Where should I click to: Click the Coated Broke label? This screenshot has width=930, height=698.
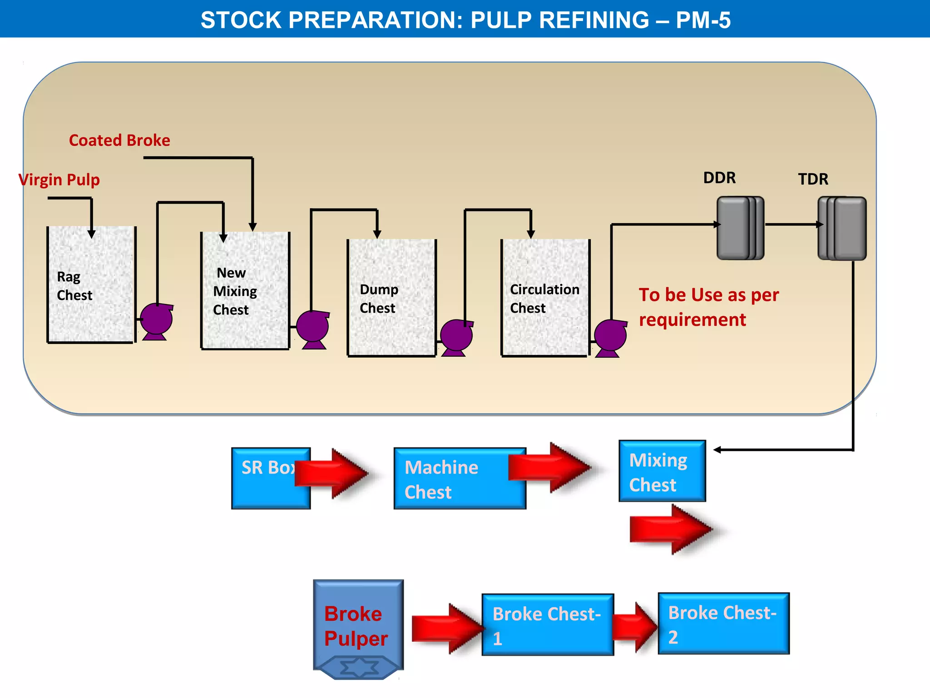coord(119,140)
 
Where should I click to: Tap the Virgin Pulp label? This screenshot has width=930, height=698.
coord(59,180)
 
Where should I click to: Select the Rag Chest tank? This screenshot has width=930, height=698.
coord(91,284)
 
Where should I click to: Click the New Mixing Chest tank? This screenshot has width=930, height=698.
coord(245,291)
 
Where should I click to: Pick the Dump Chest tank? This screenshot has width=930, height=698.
coord(391,298)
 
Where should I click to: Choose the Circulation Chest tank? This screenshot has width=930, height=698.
coord(545,298)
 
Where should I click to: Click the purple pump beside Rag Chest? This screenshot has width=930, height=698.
coord(156,320)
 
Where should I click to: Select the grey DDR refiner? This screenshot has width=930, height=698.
coord(740,228)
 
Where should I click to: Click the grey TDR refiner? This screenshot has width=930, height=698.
coord(842,228)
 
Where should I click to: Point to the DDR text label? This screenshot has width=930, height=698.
coord(719,178)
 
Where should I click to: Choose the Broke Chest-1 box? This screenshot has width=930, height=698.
coord(547,625)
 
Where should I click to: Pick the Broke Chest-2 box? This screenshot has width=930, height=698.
coord(723,624)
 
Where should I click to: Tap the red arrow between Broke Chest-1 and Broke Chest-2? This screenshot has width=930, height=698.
coord(635,627)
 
